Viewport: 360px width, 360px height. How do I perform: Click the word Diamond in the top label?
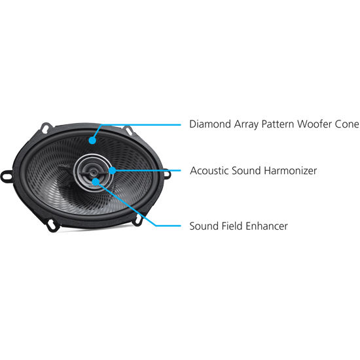[210, 124]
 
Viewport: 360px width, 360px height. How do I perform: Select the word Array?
[246, 125]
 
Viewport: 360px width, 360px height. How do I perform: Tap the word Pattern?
[278, 124]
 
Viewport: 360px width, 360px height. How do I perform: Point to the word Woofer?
[314, 124]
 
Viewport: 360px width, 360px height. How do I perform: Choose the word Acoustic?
[209, 171]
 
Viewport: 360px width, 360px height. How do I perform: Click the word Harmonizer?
[290, 171]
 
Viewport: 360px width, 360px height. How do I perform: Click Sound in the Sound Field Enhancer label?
[204, 226]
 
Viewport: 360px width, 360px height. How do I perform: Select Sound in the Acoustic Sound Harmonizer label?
[246, 171]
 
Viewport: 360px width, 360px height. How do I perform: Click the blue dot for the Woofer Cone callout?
[92, 140]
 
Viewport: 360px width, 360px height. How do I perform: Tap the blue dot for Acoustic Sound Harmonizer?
[113, 171]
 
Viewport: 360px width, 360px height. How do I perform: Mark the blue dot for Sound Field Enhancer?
[96, 181]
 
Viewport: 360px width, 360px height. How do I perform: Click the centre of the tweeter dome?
[93, 171]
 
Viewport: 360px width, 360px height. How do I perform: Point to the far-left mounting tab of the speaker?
[7, 176]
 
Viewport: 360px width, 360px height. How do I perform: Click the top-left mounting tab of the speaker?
[46, 128]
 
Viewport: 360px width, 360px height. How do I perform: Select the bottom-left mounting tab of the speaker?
[52, 225]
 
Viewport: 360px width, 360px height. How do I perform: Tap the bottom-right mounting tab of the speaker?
[137, 221]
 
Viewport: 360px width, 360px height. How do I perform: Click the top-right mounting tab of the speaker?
[128, 130]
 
